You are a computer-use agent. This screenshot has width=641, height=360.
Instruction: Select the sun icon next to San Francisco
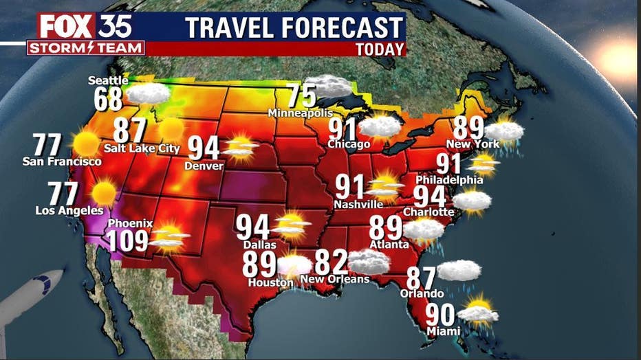[x=86, y=144]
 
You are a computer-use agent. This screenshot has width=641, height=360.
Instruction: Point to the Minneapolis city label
[x=300, y=113]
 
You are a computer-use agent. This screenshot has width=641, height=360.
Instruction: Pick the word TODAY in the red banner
[x=380, y=49]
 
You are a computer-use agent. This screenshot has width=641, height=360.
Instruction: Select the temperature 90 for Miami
[x=441, y=315]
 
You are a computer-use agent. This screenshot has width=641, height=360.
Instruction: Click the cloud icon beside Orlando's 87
[x=459, y=271]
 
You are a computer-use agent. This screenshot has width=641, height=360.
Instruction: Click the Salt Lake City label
[x=142, y=148]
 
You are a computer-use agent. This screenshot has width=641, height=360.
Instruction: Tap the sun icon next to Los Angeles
[x=104, y=193]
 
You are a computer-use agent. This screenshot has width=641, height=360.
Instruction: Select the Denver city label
[x=204, y=166]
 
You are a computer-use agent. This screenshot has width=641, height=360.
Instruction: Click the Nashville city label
[x=358, y=204]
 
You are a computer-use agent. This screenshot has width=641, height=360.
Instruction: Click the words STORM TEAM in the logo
[x=86, y=48]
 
